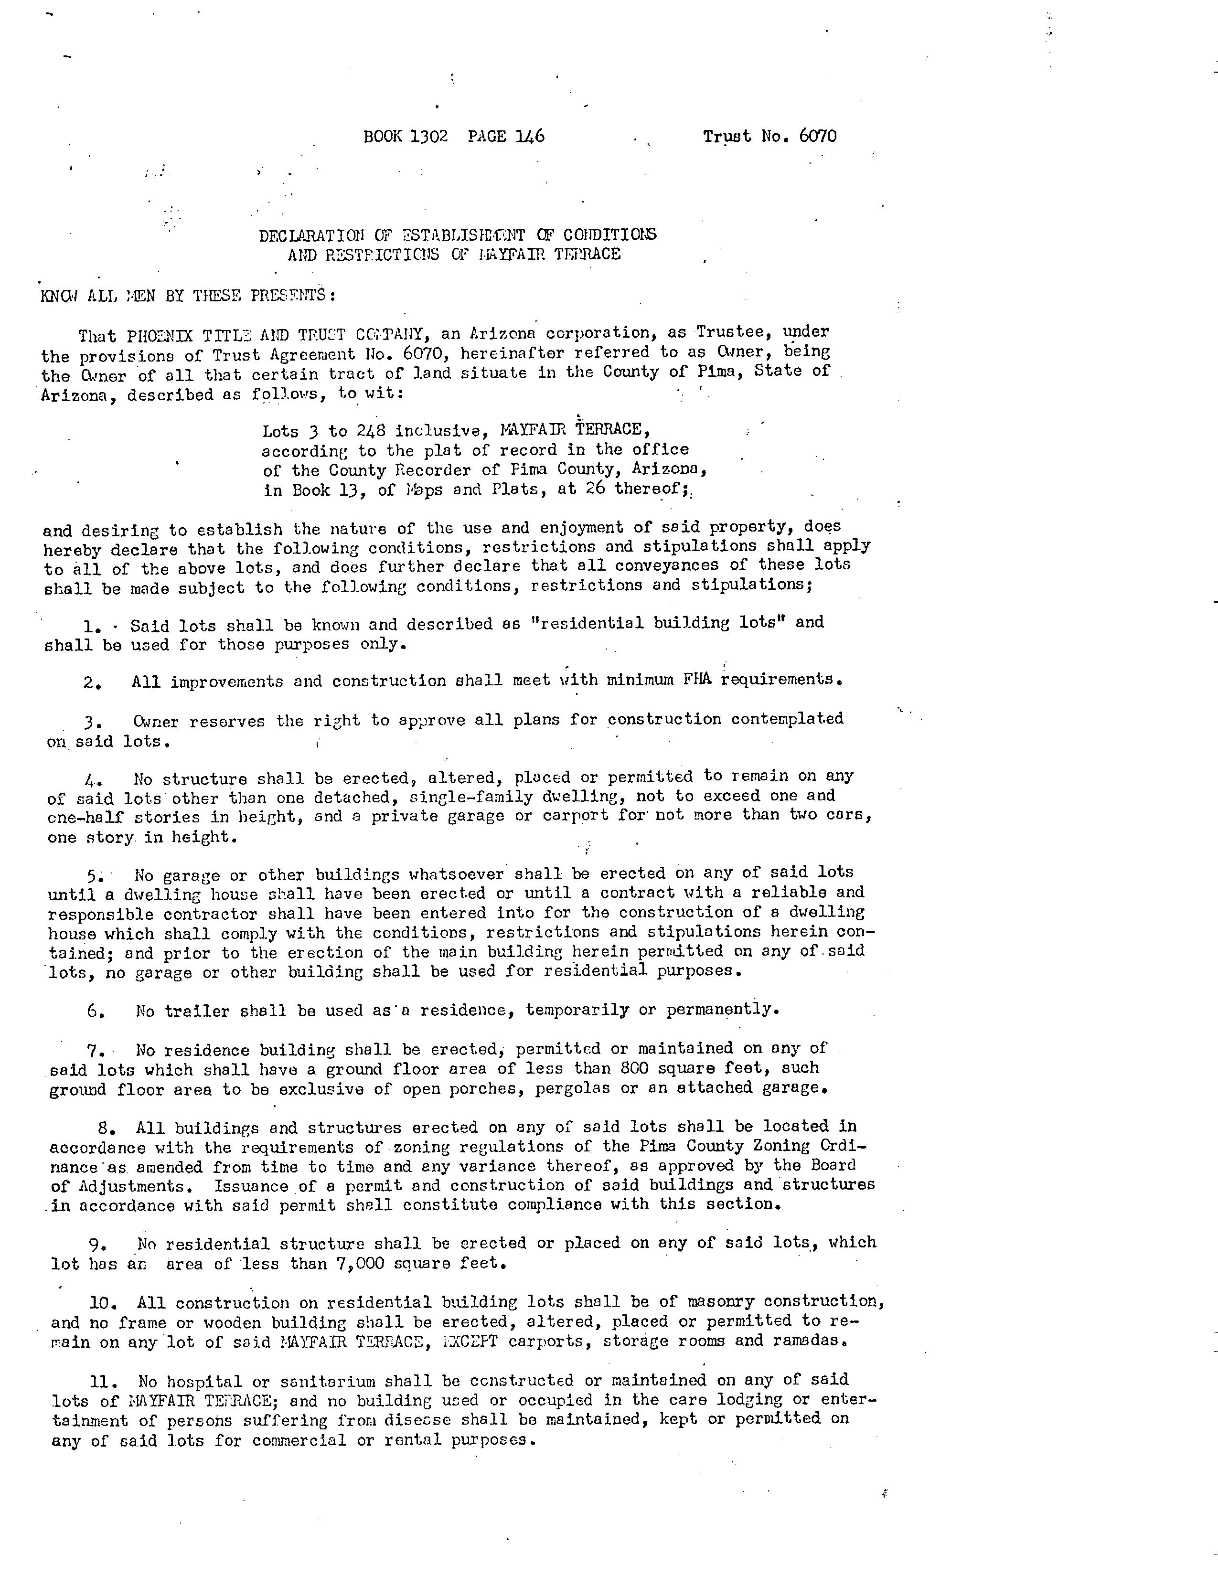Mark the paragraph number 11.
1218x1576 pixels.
pos(100,1381)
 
